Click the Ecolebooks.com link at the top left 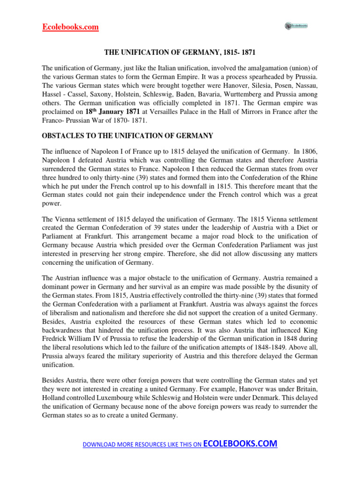70,27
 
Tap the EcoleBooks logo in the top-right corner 296,26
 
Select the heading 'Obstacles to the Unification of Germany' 127,136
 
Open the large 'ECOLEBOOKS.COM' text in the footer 240,443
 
